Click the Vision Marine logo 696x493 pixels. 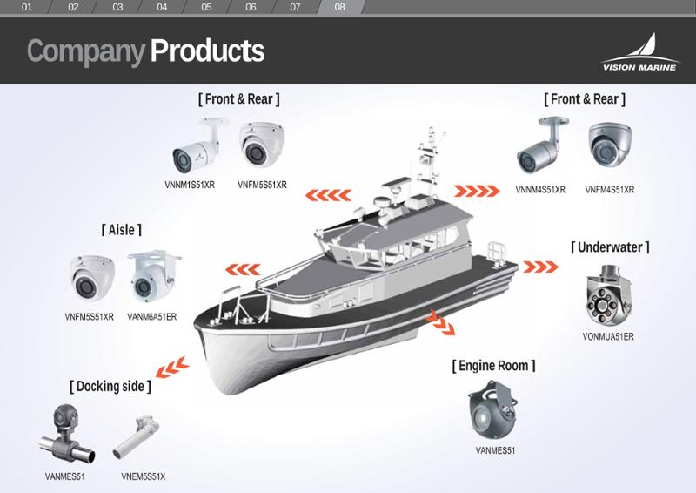point(640,52)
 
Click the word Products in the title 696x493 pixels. point(207,51)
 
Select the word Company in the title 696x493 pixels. point(86,52)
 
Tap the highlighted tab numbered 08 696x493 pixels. point(339,7)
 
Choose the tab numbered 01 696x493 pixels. point(27,7)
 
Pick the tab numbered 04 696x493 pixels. point(162,7)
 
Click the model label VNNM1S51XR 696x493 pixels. point(190,185)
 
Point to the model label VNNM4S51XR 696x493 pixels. point(540,190)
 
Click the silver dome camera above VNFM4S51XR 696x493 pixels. point(610,145)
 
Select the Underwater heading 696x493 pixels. point(610,247)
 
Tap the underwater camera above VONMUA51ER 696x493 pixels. point(607,295)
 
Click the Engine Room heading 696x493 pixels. point(493,366)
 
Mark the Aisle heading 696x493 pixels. point(121,230)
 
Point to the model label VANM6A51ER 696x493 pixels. point(151,317)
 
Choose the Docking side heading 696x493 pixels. point(110,387)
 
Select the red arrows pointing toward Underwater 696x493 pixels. point(540,267)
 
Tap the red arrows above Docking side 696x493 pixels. point(172,368)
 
